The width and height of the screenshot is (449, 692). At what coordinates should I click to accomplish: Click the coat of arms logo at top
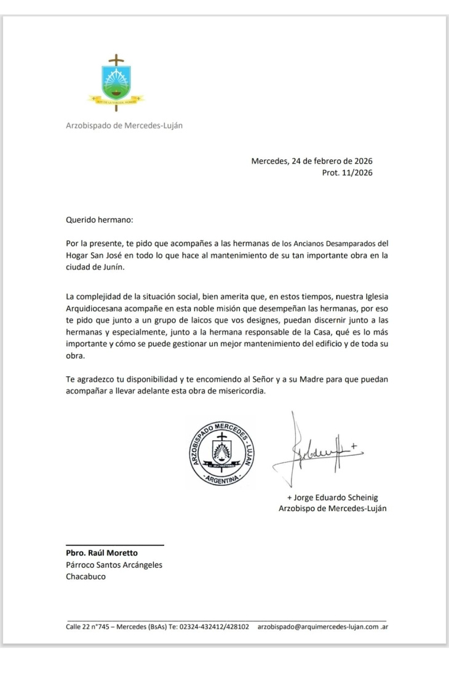[116, 83]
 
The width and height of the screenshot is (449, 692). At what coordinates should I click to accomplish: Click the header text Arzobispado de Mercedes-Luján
[124, 125]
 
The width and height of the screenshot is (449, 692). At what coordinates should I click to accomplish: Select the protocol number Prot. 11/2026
[347, 173]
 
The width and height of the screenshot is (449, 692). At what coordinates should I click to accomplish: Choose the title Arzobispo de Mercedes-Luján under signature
[332, 508]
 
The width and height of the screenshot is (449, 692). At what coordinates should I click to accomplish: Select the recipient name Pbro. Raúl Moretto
[102, 553]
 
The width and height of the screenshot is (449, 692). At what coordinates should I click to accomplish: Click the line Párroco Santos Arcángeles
[114, 565]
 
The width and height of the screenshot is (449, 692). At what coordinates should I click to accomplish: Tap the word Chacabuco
[85, 577]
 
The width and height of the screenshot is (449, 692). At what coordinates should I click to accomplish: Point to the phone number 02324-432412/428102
[214, 627]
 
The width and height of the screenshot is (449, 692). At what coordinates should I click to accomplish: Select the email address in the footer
[323, 627]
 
